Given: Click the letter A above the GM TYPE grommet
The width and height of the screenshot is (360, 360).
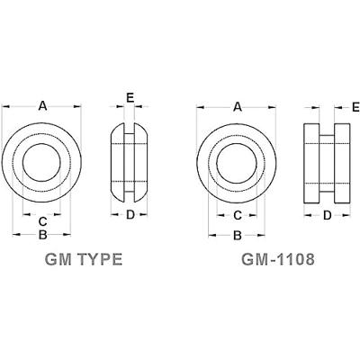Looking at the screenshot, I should pyautogui.click(x=42, y=106).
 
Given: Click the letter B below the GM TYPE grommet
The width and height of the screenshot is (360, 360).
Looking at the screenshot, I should pyautogui.click(x=42, y=236).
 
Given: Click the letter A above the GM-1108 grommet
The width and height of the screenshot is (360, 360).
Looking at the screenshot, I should pyautogui.click(x=238, y=106).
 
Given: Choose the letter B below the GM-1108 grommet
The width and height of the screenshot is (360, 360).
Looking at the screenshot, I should pyautogui.click(x=238, y=236).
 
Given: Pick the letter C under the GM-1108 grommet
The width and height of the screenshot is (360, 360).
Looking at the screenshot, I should pyautogui.click(x=238, y=215).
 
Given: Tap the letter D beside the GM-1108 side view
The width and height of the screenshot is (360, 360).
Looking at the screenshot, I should pyautogui.click(x=327, y=215).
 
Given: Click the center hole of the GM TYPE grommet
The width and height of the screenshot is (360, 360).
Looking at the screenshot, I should pyautogui.click(x=42, y=164).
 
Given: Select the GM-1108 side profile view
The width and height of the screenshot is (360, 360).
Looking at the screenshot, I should pyautogui.click(x=327, y=160).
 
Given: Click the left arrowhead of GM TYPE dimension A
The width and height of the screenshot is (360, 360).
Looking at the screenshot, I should pyautogui.click(x=4, y=106).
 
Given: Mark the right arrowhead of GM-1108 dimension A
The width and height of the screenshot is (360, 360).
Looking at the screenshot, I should pyautogui.click(x=277, y=106).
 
